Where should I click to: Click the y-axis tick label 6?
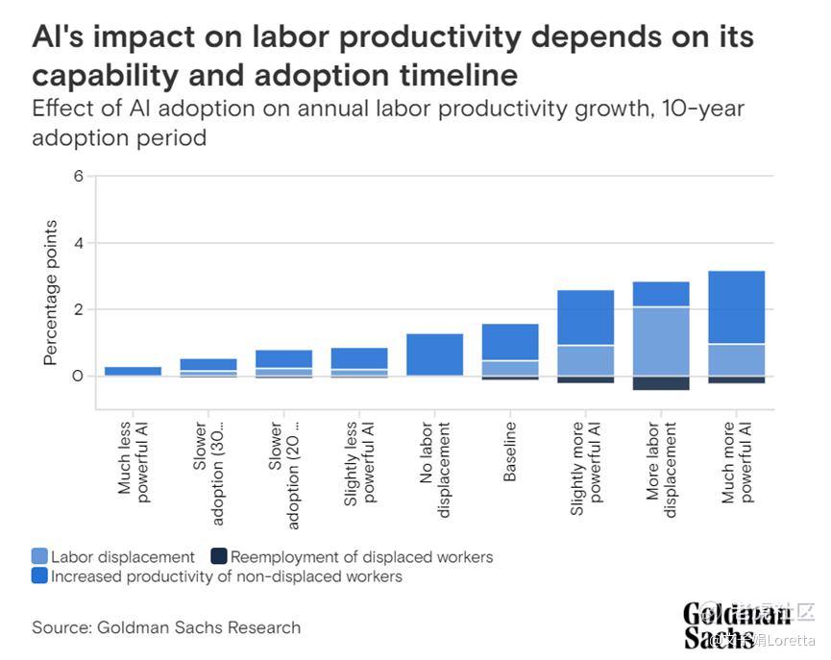tap(79, 177)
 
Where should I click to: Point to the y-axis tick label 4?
tap(79, 243)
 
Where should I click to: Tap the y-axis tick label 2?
tap(79, 309)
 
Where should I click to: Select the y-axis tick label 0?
tap(78, 376)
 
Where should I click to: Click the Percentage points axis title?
tap(51, 293)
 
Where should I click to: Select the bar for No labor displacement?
tap(435, 354)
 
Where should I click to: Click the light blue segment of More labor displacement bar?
tap(661, 341)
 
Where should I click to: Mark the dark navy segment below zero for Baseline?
tap(510, 378)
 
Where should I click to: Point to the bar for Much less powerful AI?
tap(134, 371)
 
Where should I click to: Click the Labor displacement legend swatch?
tap(39, 557)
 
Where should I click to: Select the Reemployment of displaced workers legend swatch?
tap(219, 557)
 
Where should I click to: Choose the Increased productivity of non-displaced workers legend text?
tap(226, 576)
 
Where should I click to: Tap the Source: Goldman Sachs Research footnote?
tap(166, 627)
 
